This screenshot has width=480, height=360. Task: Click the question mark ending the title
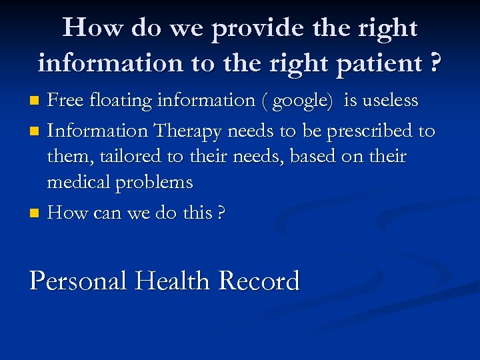(435, 63)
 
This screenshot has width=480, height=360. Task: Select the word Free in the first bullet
(65, 101)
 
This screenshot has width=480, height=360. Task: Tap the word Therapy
(191, 131)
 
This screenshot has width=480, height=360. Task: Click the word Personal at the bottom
(78, 281)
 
